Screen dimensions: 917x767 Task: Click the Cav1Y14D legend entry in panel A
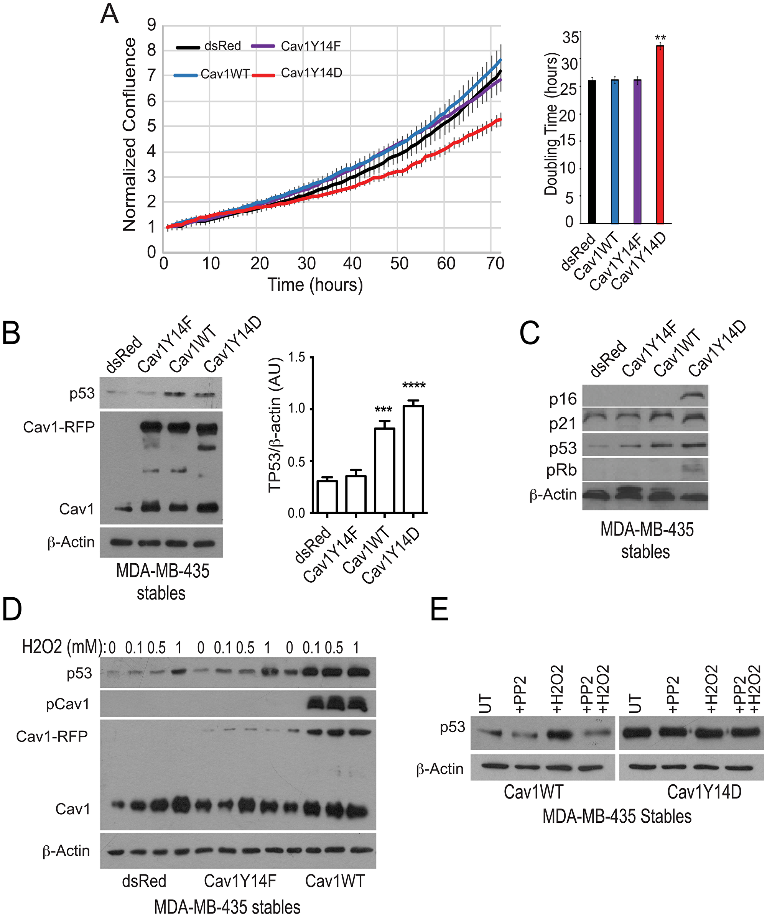311,73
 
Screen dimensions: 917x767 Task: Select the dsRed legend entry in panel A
222,46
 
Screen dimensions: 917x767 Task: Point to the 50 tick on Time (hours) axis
399,264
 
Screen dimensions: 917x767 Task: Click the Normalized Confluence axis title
130,135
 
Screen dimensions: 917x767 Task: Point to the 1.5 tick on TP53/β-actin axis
296,358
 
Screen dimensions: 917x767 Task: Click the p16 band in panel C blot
694,396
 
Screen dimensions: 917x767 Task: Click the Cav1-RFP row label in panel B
59,427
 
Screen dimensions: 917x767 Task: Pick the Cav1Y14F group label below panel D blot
240,881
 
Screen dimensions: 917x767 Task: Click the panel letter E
439,609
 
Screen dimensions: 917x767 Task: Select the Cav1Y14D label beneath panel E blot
704,792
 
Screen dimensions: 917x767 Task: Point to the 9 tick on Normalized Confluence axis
151,25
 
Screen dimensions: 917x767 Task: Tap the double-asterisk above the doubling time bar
660,38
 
